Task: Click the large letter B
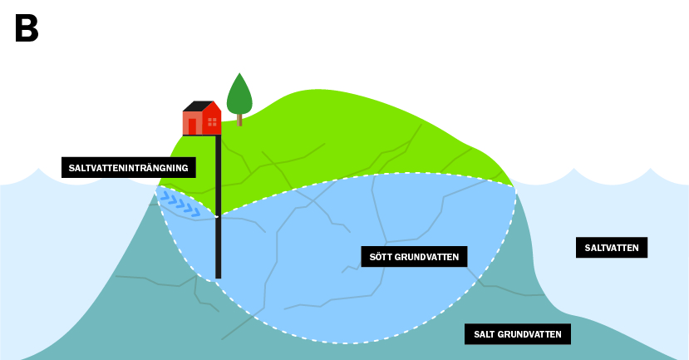point(26,29)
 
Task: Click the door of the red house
point(192,126)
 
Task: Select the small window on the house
point(212,122)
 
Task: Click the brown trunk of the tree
point(239,120)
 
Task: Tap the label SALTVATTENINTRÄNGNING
point(128,168)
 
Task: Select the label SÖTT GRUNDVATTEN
point(414,257)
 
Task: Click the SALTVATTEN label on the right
point(611,248)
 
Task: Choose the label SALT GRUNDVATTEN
point(517,334)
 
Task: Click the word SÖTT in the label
point(381,257)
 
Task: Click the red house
point(202,119)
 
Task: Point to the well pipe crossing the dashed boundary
point(218,216)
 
